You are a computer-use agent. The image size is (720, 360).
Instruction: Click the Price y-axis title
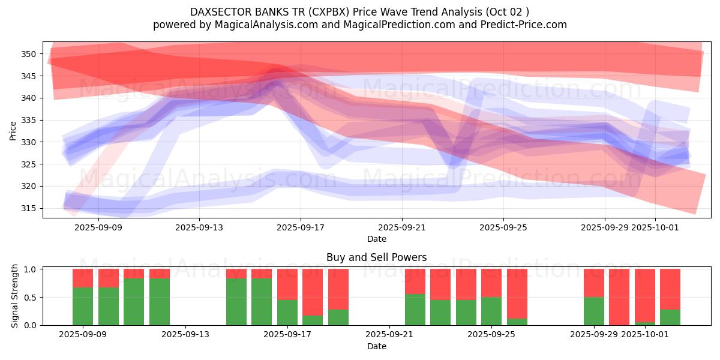(13, 130)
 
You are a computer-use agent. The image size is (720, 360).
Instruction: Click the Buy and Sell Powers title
(376, 257)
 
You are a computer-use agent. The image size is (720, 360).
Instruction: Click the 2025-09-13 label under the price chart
(200, 227)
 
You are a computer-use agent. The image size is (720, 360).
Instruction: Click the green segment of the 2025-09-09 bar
(83, 306)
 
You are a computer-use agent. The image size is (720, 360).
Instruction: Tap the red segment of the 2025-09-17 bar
(287, 284)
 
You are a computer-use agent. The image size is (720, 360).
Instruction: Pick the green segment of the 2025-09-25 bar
(491, 311)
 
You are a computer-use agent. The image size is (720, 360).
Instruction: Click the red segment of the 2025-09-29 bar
(594, 283)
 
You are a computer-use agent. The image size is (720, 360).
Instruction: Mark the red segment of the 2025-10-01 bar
(645, 295)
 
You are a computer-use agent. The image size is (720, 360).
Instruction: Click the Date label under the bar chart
(376, 346)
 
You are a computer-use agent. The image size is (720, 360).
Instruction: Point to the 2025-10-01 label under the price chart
(655, 227)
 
